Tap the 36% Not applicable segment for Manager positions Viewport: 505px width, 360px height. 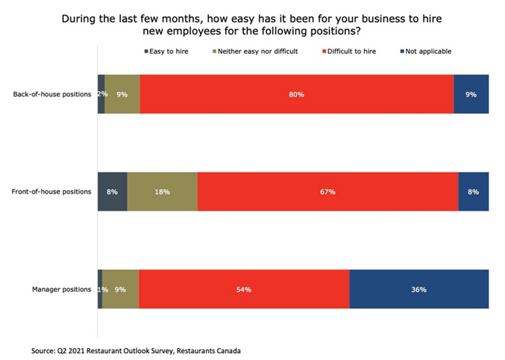[x=419, y=289]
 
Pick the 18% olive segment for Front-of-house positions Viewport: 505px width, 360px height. [x=162, y=192]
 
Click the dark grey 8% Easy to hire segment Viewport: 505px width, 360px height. [x=112, y=192]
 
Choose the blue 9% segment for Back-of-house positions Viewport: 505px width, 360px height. [x=471, y=94]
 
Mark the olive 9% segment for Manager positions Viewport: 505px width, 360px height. [x=121, y=289]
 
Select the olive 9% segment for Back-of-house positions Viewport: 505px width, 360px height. [x=123, y=94]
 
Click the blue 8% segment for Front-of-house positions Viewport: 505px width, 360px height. [x=473, y=192]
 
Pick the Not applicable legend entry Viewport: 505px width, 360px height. [x=428, y=51]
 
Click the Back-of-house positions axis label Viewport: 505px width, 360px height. [x=52, y=94]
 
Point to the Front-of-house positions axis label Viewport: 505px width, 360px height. [x=51, y=192]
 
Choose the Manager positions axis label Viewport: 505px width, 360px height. [x=62, y=289]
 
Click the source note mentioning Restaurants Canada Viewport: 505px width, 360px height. [x=140, y=349]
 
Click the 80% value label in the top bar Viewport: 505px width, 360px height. [x=297, y=94]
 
